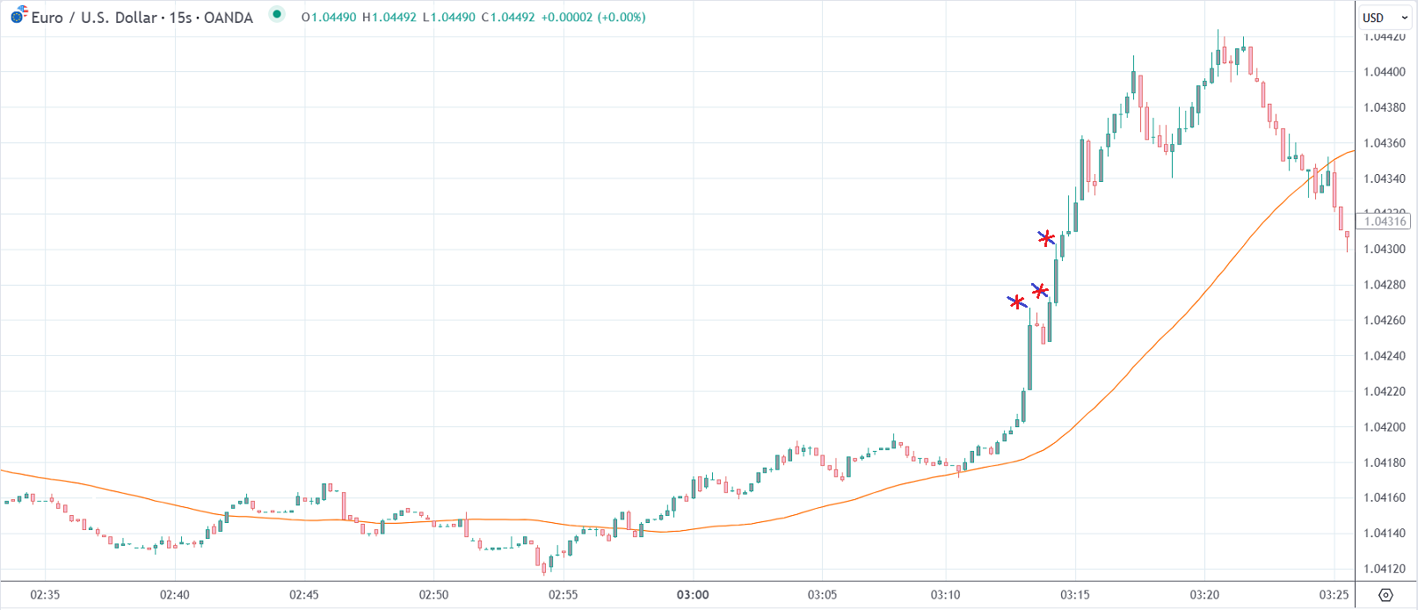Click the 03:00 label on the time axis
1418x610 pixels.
693,595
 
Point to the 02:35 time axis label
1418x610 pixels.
45,595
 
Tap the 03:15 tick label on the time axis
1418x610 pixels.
1074,595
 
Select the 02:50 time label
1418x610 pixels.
433,595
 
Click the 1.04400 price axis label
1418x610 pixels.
1385,72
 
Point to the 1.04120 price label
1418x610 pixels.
1385,569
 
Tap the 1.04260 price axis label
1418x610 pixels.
1385,321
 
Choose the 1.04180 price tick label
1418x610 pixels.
1385,462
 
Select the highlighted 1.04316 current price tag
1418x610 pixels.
1385,221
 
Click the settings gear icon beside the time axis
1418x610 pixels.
1385,595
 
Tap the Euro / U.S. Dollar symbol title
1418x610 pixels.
94,18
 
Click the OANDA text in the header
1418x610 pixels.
229,18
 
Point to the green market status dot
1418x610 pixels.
277,14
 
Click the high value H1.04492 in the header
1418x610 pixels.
389,18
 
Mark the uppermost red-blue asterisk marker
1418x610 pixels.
1046,238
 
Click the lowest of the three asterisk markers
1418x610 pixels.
1017,302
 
